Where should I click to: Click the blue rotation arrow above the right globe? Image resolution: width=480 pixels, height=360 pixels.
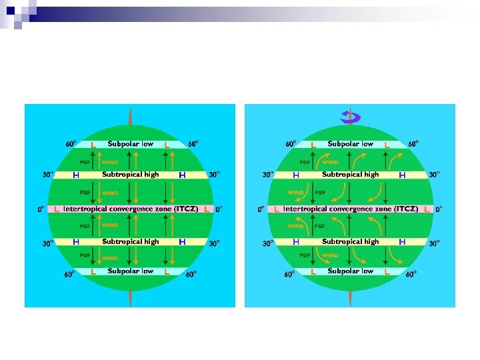click(x=350, y=117)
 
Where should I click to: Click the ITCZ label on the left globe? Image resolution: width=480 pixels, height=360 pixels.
click(x=131, y=209)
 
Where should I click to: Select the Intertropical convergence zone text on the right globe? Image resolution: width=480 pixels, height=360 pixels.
click(x=351, y=209)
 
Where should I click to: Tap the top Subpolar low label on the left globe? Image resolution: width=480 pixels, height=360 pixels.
click(x=131, y=143)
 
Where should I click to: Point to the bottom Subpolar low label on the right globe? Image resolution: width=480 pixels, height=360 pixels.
click(x=351, y=271)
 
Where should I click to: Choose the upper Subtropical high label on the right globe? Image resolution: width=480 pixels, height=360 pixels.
click(x=351, y=175)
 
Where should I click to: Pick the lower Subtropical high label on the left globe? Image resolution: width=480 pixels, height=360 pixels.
click(x=131, y=241)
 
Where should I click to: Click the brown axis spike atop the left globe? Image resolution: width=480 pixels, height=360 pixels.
click(x=131, y=115)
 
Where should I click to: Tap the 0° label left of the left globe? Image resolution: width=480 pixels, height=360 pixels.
click(x=41, y=209)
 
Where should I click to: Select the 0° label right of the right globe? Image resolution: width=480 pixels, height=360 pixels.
click(x=438, y=209)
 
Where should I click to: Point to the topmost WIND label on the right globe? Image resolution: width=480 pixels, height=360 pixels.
click(x=331, y=161)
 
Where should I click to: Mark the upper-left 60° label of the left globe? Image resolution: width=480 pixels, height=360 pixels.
click(x=71, y=143)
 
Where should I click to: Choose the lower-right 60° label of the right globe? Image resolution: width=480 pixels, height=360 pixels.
click(x=413, y=274)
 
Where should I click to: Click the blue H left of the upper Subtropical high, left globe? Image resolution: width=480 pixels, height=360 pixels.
click(x=76, y=175)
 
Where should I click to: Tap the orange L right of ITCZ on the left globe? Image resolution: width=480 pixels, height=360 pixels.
click(x=207, y=209)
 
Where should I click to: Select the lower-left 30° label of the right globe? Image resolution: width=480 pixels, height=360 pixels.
click(x=268, y=243)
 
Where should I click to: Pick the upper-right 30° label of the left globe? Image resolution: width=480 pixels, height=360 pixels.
click(x=214, y=175)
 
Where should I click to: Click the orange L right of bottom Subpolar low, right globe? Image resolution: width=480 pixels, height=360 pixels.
click(x=387, y=272)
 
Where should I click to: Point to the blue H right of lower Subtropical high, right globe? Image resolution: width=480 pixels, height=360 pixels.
click(x=402, y=241)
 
